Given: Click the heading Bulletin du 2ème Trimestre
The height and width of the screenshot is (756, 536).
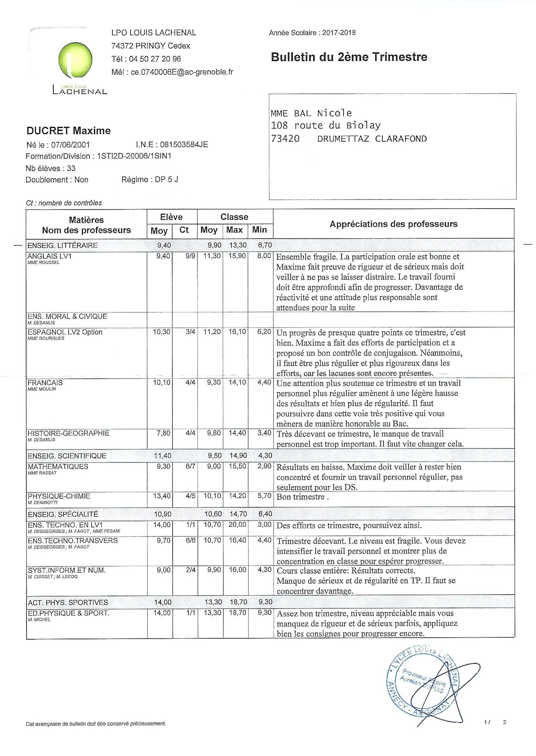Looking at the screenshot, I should click(x=349, y=57).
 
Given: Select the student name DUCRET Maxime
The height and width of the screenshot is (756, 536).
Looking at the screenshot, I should click(x=69, y=131).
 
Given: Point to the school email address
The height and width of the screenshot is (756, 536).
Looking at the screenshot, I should click(x=182, y=72).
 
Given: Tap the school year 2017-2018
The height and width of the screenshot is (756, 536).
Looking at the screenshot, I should click(x=339, y=33).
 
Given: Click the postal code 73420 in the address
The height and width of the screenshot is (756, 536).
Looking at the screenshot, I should click(x=285, y=139).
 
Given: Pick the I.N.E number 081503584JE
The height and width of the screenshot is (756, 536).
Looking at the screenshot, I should click(x=184, y=144).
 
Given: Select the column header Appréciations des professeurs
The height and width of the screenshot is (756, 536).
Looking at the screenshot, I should click(x=393, y=224).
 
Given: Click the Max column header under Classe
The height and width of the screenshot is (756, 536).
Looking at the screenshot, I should click(x=234, y=230).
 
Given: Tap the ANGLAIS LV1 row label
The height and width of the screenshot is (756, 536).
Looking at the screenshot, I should click(x=50, y=256).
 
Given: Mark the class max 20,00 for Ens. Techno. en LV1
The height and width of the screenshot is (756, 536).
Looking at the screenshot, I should click(x=238, y=525).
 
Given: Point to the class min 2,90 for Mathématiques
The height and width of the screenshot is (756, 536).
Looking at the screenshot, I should click(x=264, y=467).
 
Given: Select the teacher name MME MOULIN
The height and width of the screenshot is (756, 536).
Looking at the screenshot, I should click(x=42, y=389).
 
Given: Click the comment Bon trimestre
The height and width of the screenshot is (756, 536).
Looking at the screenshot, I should click(x=302, y=497).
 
